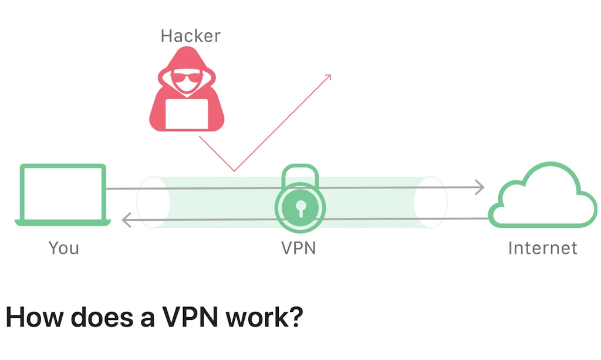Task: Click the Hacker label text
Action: (x=190, y=36)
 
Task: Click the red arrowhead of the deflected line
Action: (x=329, y=77)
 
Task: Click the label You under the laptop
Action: (x=63, y=248)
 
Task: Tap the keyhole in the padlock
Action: (x=300, y=207)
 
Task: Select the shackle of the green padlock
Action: (x=300, y=175)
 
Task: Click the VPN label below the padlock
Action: (x=299, y=248)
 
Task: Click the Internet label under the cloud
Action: (x=542, y=248)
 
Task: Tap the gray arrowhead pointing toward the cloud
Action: (x=480, y=187)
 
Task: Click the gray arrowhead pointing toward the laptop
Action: (x=126, y=220)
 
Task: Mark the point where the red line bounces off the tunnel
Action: (x=234, y=171)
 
